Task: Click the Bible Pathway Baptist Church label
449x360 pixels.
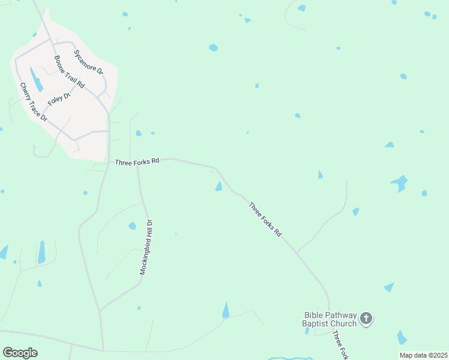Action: (330, 319)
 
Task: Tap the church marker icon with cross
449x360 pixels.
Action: (366, 318)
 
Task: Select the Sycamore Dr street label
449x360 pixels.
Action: (89, 61)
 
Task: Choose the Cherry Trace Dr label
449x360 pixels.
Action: (33, 103)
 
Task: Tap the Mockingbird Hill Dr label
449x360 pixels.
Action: (147, 247)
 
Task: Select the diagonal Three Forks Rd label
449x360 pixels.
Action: (265, 219)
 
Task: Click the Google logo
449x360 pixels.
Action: (20, 353)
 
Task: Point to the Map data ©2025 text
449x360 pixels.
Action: (423, 355)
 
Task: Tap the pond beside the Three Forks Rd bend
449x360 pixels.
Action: (218, 187)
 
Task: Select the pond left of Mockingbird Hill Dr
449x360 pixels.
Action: (132, 226)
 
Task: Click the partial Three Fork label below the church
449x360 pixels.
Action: (340, 345)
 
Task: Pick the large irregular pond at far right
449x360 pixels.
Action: (399, 182)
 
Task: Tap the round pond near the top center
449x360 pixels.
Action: (213, 47)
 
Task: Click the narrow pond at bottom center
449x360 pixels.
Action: (226, 310)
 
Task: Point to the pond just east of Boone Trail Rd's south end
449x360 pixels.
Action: (139, 133)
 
